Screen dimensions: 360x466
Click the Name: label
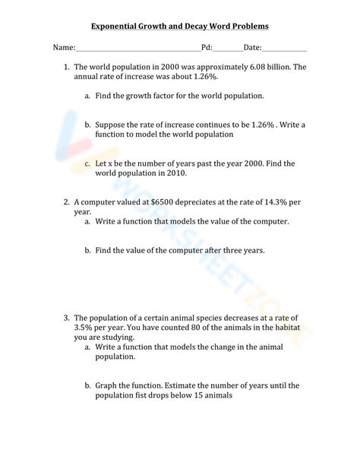64,47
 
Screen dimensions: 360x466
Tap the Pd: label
206,47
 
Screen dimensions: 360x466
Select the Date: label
252,47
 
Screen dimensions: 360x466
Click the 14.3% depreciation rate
273,202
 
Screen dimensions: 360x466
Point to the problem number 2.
66,202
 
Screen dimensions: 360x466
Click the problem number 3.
66,317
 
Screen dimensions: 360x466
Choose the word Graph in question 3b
107,385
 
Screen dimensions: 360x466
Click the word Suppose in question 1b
111,125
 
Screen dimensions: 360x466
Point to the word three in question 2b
243,250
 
